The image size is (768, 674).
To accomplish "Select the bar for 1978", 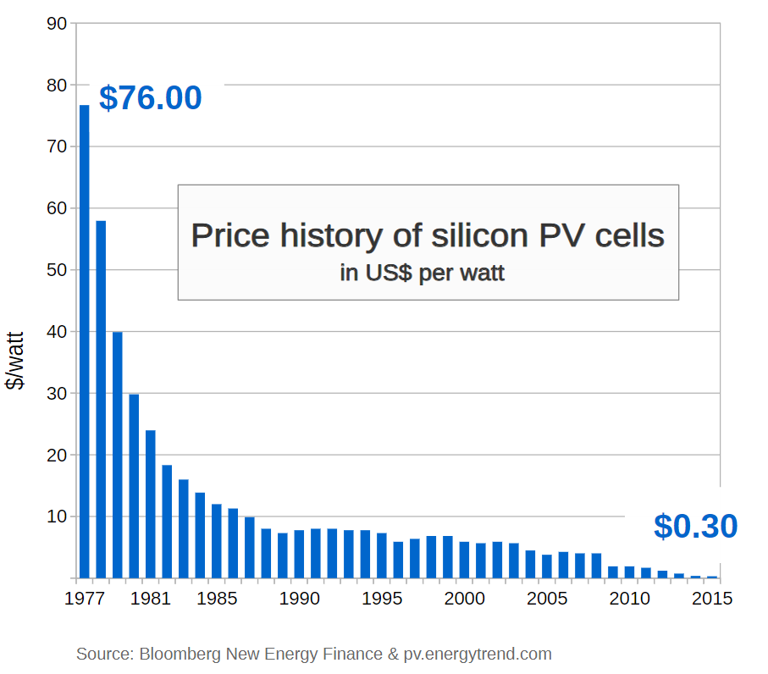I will [101, 399].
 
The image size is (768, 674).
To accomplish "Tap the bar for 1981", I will [150, 504].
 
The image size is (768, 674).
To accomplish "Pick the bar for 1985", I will [216, 541].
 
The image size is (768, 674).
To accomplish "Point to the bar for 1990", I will [299, 554].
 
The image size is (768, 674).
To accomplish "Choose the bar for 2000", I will [464, 560].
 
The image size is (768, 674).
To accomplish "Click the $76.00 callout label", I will [151, 98].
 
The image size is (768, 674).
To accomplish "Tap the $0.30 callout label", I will [695, 527].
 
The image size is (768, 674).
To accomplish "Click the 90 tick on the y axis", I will [57, 23].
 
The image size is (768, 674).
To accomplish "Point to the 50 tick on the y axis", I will [57, 270].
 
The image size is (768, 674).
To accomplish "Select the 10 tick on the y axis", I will [57, 517].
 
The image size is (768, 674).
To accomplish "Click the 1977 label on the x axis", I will [84, 598].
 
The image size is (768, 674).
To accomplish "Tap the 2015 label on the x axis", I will [711, 598].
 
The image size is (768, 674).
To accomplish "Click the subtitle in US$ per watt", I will [423, 273].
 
